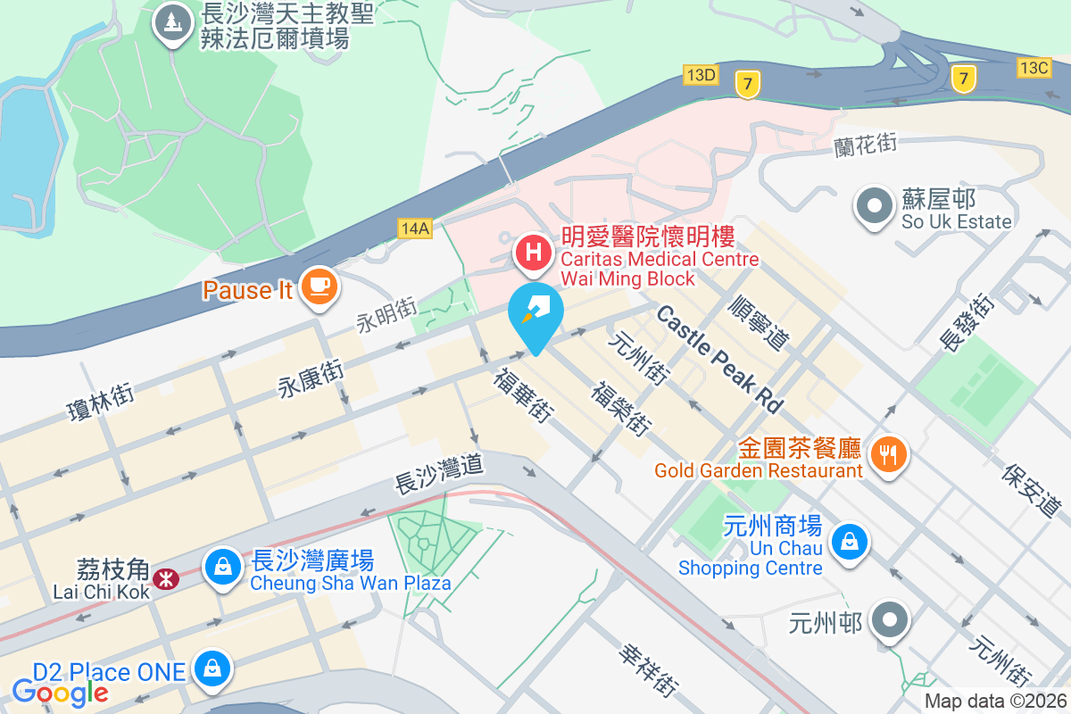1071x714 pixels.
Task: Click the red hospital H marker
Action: pyautogui.click(x=534, y=252)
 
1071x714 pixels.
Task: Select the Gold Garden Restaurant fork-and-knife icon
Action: pyautogui.click(x=887, y=456)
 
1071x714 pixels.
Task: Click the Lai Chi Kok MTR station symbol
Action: pyautogui.click(x=164, y=579)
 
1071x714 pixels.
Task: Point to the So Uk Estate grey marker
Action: pyautogui.click(x=874, y=206)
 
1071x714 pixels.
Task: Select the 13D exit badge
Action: pyautogui.click(x=702, y=74)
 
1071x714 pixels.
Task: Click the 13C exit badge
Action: pyautogui.click(x=1034, y=67)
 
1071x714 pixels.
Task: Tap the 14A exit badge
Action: pyautogui.click(x=415, y=228)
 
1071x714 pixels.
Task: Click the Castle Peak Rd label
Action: pyautogui.click(x=718, y=358)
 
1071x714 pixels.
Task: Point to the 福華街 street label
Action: pyautogui.click(x=522, y=394)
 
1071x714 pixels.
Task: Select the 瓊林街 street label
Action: pyautogui.click(x=101, y=400)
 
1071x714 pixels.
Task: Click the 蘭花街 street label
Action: pyautogui.click(x=865, y=144)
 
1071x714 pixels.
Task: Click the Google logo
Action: pyautogui.click(x=60, y=692)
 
